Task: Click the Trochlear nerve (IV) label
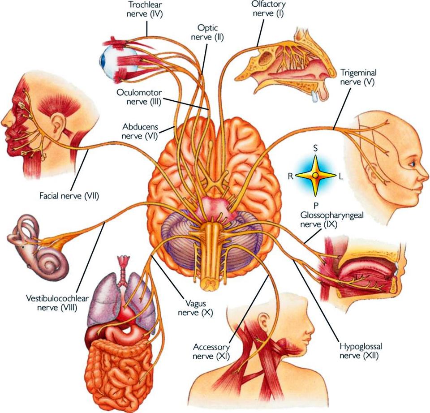144,9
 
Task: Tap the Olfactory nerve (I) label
269,9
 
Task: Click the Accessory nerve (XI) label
211,352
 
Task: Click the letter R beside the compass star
291,176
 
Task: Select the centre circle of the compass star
316,175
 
